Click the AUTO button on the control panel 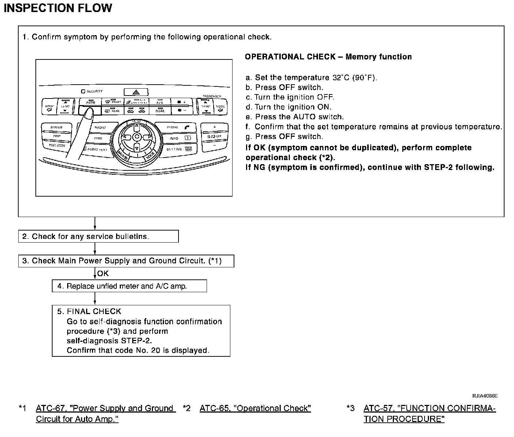point(90,102)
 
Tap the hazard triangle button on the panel point(135,92)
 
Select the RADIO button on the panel point(100,128)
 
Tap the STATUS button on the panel point(56,127)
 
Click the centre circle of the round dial point(136,137)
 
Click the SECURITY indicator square point(83,91)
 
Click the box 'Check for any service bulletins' point(98,236)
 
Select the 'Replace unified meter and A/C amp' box point(129,286)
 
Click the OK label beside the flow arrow point(103,274)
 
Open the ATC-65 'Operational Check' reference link point(255,408)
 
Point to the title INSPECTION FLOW point(58,8)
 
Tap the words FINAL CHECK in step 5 point(94,312)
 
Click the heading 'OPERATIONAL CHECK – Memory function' point(328,57)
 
